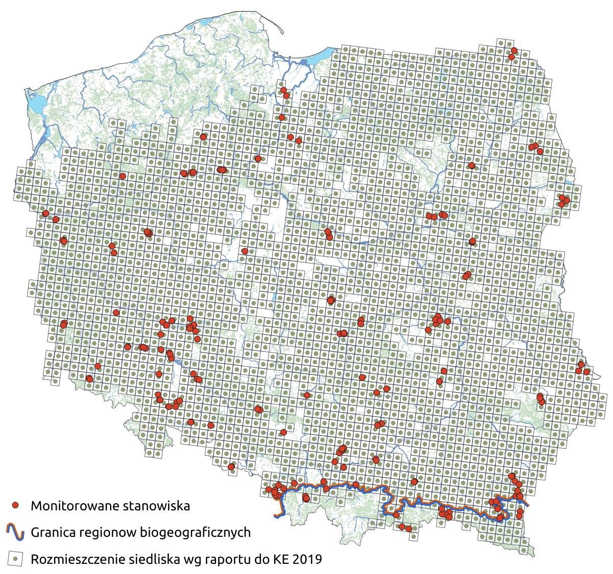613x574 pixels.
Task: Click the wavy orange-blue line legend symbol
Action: [x=16, y=532]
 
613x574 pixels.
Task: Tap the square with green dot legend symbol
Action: [x=16, y=559]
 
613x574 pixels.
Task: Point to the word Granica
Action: [x=52, y=533]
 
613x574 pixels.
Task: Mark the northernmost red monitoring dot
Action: [x=514, y=50]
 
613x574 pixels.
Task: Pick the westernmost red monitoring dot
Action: [x=45, y=213]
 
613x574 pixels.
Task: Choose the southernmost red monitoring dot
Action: [x=409, y=529]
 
